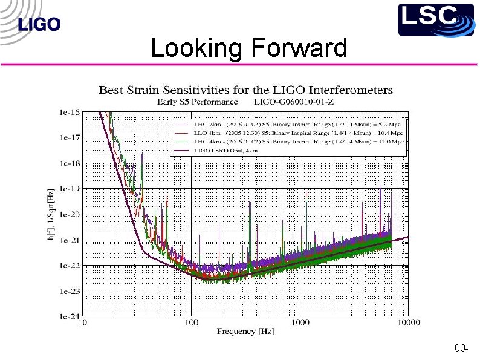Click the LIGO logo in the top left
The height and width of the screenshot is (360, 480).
40,25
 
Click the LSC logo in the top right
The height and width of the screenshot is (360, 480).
435,19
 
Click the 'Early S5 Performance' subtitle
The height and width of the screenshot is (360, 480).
197,102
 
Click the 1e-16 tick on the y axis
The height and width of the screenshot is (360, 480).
68,113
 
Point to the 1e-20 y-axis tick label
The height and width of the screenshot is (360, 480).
68,214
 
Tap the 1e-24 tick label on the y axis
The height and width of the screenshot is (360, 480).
68,316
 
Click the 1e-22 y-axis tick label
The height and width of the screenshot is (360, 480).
68,265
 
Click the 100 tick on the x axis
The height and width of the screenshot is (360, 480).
191,323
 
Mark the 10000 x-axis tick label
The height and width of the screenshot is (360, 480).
409,323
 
